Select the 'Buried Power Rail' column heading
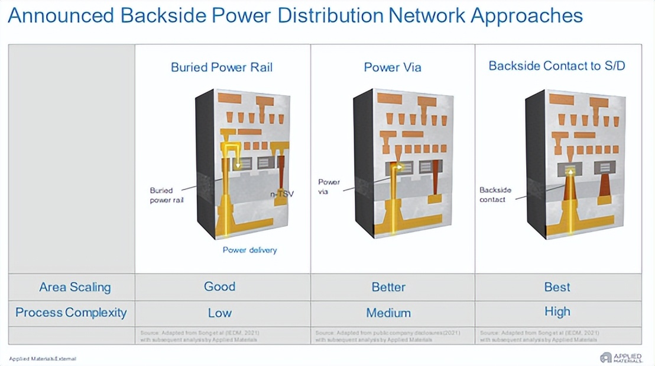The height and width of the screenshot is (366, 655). [x=222, y=67]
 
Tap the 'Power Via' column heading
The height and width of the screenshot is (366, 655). [x=393, y=67]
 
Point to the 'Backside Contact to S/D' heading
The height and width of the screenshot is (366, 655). [x=557, y=66]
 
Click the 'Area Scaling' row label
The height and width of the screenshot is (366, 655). [x=74, y=288]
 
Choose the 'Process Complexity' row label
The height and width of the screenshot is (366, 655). [x=71, y=313]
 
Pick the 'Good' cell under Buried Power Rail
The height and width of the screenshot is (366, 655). [x=220, y=287]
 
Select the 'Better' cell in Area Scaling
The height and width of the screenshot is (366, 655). [x=388, y=287]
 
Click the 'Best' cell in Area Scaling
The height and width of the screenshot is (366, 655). [x=557, y=287]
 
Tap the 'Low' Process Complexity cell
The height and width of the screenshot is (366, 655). [x=219, y=313]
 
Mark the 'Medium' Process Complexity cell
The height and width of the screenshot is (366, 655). [x=388, y=313]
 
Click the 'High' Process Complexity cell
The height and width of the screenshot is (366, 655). [x=557, y=312]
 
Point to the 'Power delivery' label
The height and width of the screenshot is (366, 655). [x=249, y=250]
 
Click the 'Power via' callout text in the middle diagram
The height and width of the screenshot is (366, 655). [x=329, y=187]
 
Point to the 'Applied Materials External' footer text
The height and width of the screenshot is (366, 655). [x=43, y=359]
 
